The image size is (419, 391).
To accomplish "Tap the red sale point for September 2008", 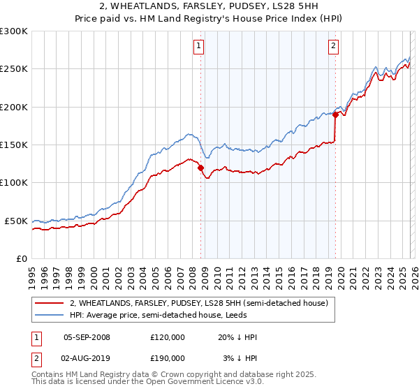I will (x=200, y=168).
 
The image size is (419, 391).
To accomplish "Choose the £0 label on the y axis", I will (x=22, y=258).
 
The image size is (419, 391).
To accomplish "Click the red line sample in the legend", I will (x=50, y=303).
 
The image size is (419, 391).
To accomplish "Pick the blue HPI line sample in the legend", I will (x=50, y=315).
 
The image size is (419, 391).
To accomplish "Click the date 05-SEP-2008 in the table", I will (x=87, y=337).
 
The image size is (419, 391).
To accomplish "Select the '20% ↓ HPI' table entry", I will (x=237, y=337).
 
